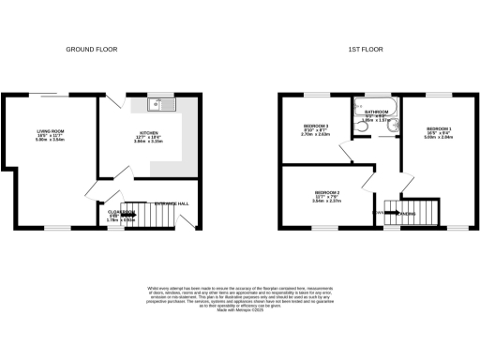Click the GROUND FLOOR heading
[x=90, y=48]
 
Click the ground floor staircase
[x=153, y=215]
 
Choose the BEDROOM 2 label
[x=326, y=193]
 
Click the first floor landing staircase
[x=416, y=211]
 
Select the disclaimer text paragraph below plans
[x=239, y=305]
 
